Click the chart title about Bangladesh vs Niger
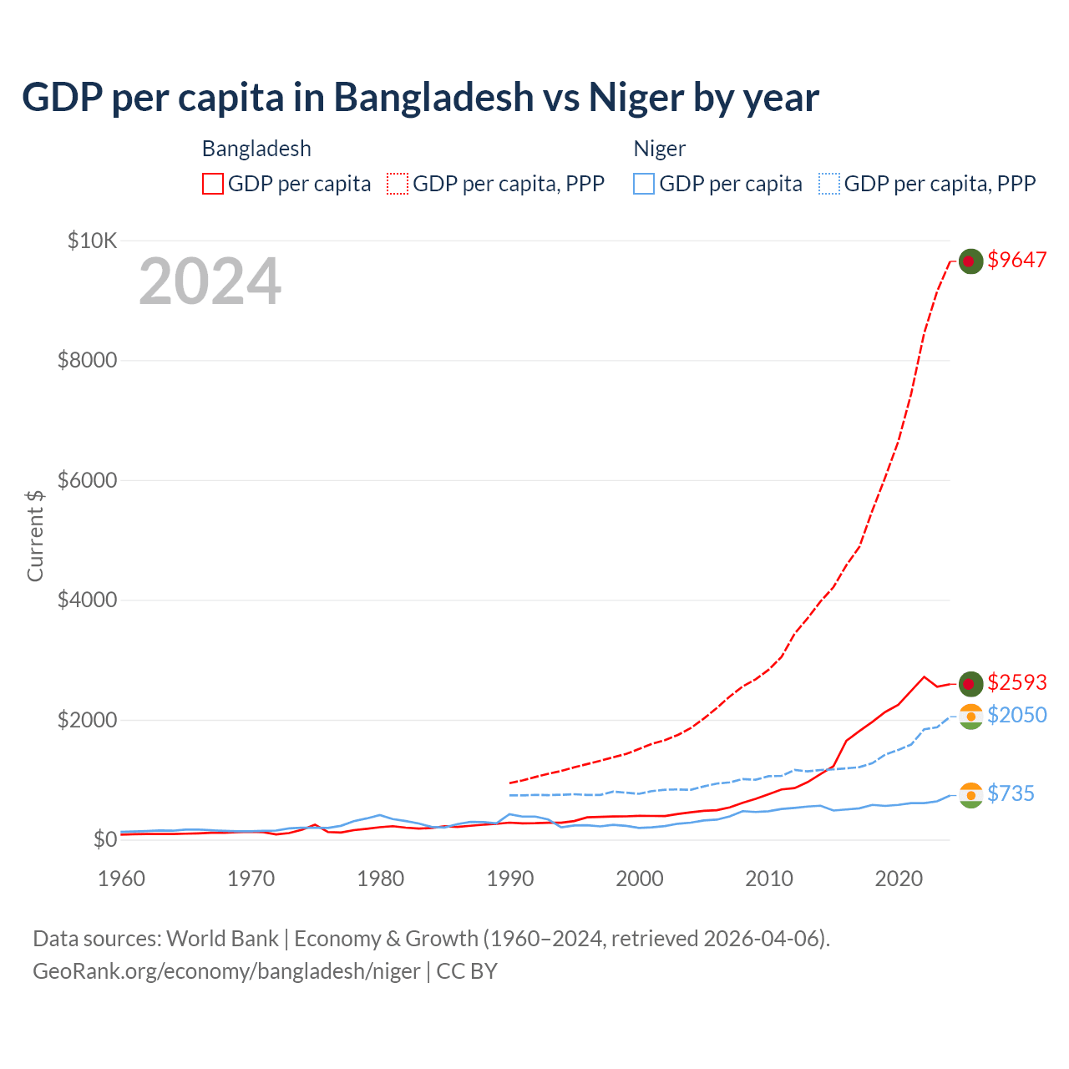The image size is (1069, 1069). point(420,98)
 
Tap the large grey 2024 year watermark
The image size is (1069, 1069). point(210,281)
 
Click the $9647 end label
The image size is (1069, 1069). point(1016,260)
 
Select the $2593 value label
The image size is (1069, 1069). point(1016,682)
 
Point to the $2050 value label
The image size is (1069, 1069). point(1016,715)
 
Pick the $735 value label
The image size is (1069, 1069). point(1011,793)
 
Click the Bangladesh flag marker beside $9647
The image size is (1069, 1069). point(970,261)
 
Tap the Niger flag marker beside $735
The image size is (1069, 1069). point(970,795)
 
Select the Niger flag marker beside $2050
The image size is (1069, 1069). point(970,717)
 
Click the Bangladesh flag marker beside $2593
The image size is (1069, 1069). point(970,684)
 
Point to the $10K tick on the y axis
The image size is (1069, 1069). point(92,241)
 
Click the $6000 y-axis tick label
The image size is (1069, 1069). point(87,480)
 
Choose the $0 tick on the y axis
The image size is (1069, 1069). point(104,839)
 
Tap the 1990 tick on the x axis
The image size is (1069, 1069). point(510,879)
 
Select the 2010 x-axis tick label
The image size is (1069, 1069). point(769,879)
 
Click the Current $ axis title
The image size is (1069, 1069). point(35,535)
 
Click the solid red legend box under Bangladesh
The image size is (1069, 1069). point(213,184)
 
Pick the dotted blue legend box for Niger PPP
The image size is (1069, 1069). point(829,184)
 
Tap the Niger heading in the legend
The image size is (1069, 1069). point(659,149)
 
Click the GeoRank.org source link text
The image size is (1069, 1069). point(226,971)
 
